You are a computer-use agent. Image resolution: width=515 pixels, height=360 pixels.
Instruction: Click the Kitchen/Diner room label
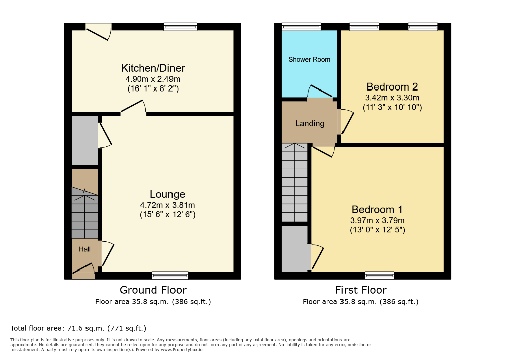click(x=153, y=68)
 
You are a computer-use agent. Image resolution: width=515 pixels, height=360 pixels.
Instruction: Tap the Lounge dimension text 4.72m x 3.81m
click(x=167, y=205)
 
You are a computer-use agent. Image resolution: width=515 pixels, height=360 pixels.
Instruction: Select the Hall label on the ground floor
click(x=84, y=249)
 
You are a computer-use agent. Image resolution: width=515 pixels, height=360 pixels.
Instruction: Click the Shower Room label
click(x=309, y=59)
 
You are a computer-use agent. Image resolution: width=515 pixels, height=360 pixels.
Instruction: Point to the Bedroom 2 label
click(x=392, y=86)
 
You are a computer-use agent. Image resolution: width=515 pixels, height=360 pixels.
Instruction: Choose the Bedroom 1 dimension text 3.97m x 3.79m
click(x=378, y=220)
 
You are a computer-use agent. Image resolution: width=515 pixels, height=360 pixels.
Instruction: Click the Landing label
click(x=309, y=123)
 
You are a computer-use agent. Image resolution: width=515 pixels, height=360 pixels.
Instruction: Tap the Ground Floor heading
click(x=153, y=290)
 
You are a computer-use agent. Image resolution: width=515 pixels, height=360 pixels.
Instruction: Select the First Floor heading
click(x=361, y=290)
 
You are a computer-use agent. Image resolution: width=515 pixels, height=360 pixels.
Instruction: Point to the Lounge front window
click(x=170, y=275)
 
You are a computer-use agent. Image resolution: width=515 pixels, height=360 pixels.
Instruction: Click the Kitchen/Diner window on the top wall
click(x=180, y=27)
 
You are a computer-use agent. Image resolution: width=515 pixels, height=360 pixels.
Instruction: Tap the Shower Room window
click(x=301, y=27)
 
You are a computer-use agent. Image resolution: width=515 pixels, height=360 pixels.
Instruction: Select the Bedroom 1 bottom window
click(x=379, y=275)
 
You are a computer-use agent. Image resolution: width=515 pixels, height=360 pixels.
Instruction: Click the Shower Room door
click(x=319, y=92)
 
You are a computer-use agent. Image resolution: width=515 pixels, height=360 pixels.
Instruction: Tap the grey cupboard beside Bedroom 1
click(x=295, y=248)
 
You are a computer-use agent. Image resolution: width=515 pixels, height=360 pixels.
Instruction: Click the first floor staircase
click(x=295, y=182)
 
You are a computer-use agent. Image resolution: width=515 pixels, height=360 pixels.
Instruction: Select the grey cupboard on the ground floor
click(x=84, y=141)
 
